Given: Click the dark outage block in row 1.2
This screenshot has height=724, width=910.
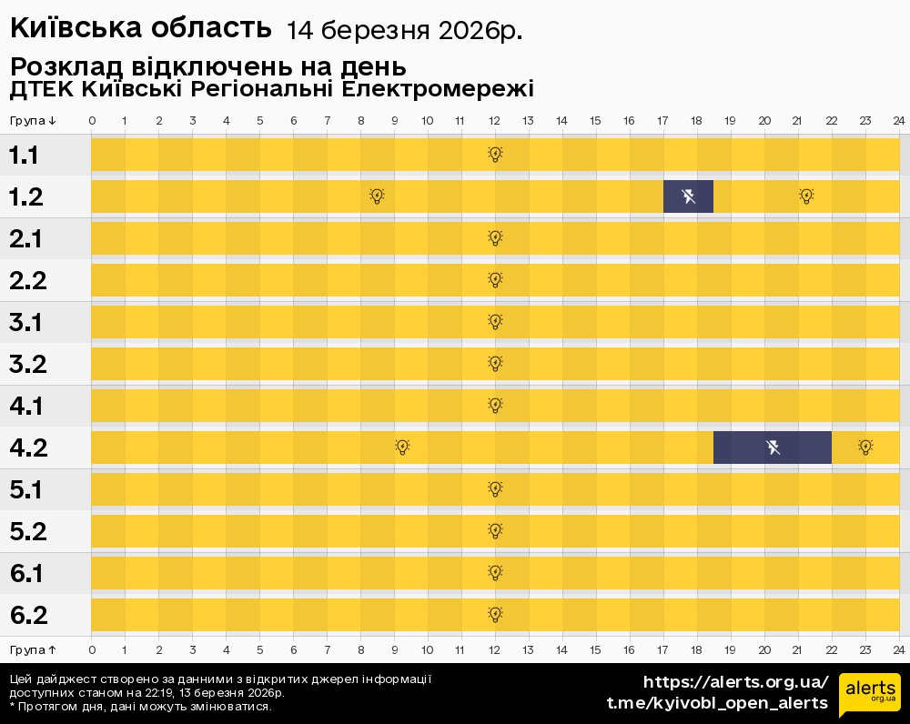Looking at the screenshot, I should click(688, 196).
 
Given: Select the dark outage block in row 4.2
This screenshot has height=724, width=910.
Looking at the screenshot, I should click(772, 447).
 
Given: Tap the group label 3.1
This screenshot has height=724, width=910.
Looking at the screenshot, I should click(28, 323).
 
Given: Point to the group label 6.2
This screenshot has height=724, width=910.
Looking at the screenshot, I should click(28, 616).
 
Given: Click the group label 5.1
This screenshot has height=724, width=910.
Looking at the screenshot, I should click(28, 490).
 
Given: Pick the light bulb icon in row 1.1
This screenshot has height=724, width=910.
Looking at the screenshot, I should click(495, 155).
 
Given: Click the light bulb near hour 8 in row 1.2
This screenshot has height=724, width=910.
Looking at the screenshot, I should click(378, 196).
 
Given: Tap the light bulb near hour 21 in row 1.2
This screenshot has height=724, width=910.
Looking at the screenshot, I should click(806, 196).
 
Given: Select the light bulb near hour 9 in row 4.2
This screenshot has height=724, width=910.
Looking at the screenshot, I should click(402, 447).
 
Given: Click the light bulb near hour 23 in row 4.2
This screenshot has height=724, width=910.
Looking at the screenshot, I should click(865, 447).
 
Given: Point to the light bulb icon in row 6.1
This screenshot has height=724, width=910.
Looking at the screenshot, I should click(495, 573).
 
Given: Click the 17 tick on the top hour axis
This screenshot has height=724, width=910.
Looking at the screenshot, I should click(662, 121).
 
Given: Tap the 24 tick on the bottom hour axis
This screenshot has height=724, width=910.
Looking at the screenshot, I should click(898, 650).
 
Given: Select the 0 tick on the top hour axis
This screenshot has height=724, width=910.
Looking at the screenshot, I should click(92, 121).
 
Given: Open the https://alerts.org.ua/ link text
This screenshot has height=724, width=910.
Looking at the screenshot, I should click(736, 682).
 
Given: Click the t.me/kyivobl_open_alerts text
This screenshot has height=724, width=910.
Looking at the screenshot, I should click(717, 703).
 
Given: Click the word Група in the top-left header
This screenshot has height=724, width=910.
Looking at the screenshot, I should click(27, 121).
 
